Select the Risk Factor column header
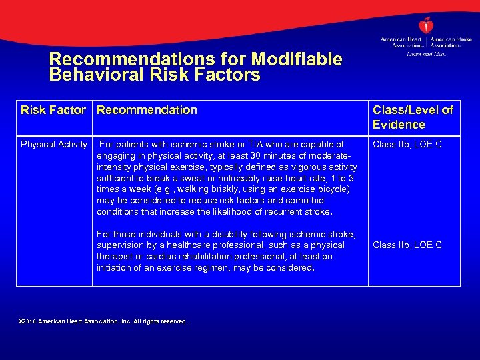pos(53,110)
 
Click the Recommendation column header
pos(147,110)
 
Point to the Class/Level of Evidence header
pos(413,117)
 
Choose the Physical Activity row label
pos(54,144)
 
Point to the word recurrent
pos(283,212)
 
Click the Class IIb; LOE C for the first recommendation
pos(407,144)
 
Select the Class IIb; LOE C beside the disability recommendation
pos(407,245)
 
